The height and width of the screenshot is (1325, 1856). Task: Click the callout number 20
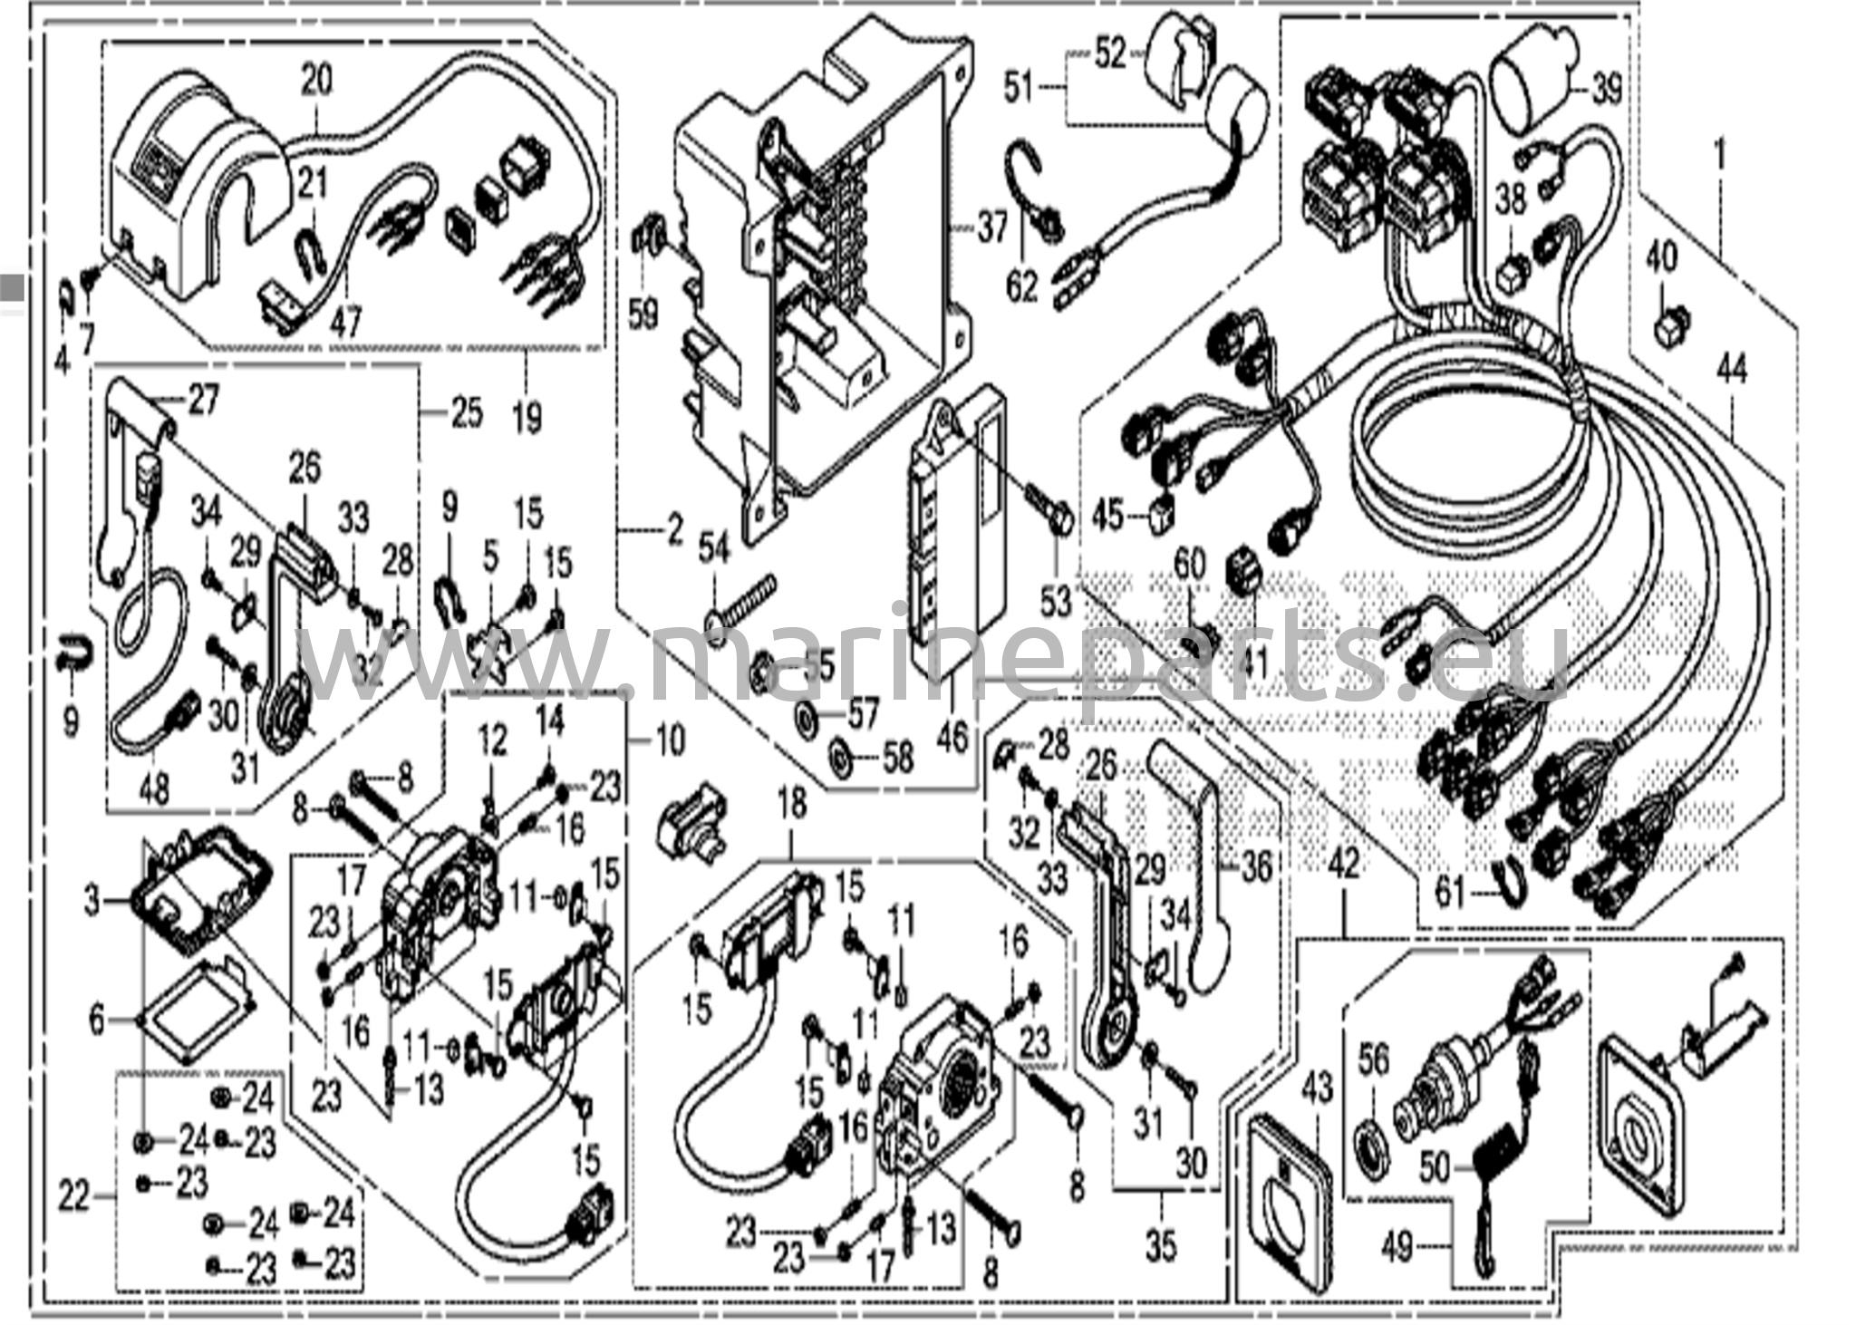316,81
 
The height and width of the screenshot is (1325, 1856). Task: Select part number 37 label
992,227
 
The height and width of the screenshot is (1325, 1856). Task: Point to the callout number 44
1731,372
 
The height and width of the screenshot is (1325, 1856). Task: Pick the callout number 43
1317,1088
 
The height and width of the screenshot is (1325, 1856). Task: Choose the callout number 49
1398,1248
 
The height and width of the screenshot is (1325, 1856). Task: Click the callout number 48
154,789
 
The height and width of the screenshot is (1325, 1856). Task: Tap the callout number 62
1021,288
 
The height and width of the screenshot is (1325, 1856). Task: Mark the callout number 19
527,418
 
